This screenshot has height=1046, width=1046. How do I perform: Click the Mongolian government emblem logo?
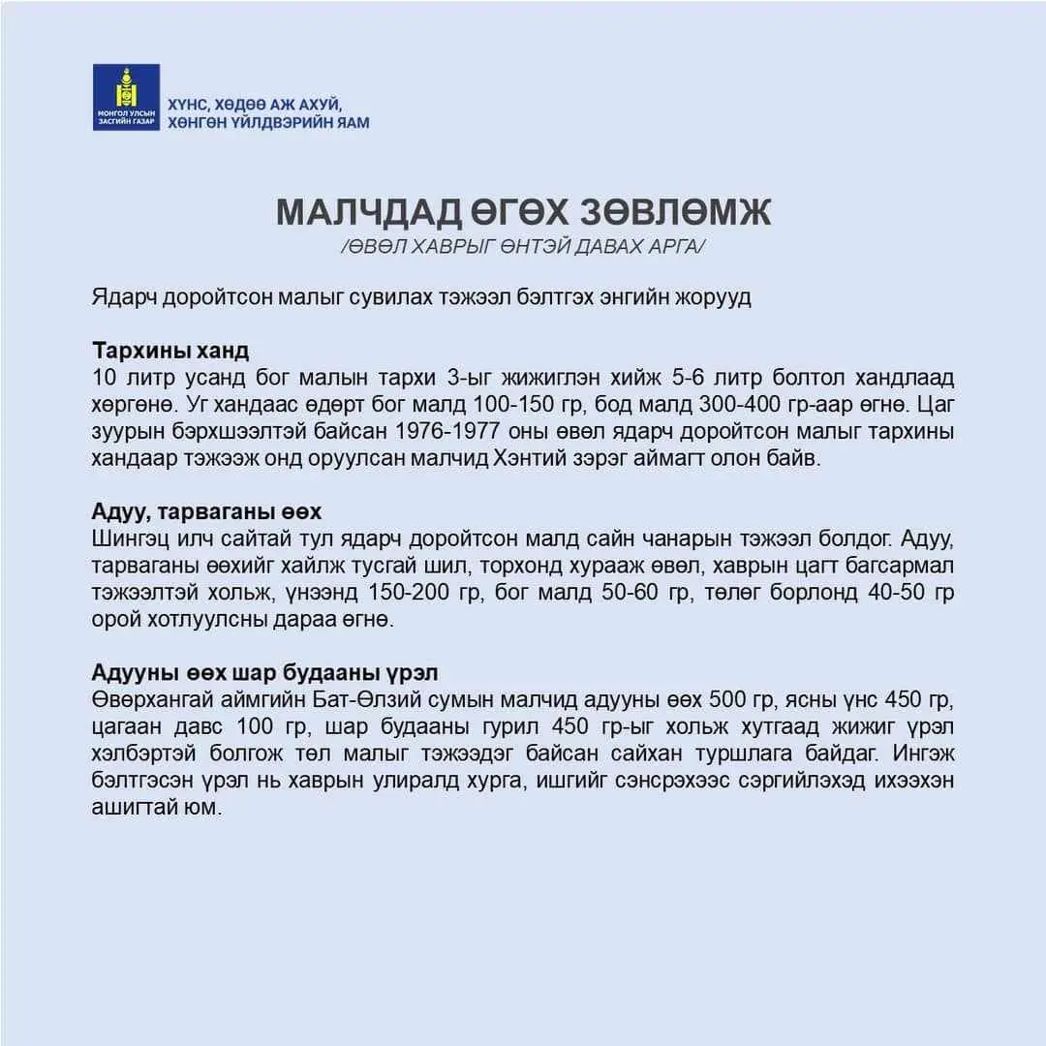(x=126, y=97)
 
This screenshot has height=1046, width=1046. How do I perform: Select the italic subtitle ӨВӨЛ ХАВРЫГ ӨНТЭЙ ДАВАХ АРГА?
(x=523, y=248)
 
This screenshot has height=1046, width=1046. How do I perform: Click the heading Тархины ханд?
(x=170, y=350)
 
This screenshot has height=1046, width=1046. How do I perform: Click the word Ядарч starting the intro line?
(x=119, y=296)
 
